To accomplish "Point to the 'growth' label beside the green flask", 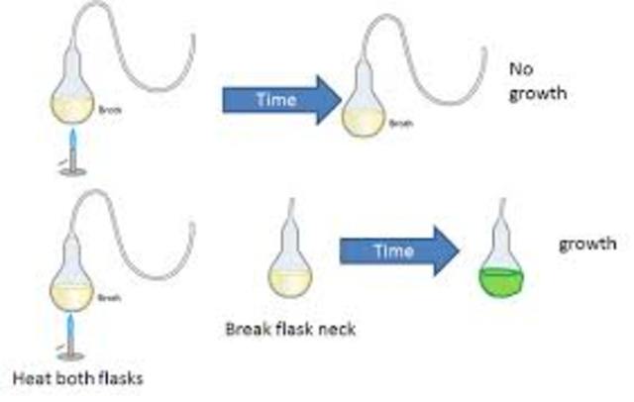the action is (587, 243).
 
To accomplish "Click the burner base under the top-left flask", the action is (72, 171).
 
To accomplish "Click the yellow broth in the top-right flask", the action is (364, 119).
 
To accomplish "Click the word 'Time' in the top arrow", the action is (274, 100).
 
